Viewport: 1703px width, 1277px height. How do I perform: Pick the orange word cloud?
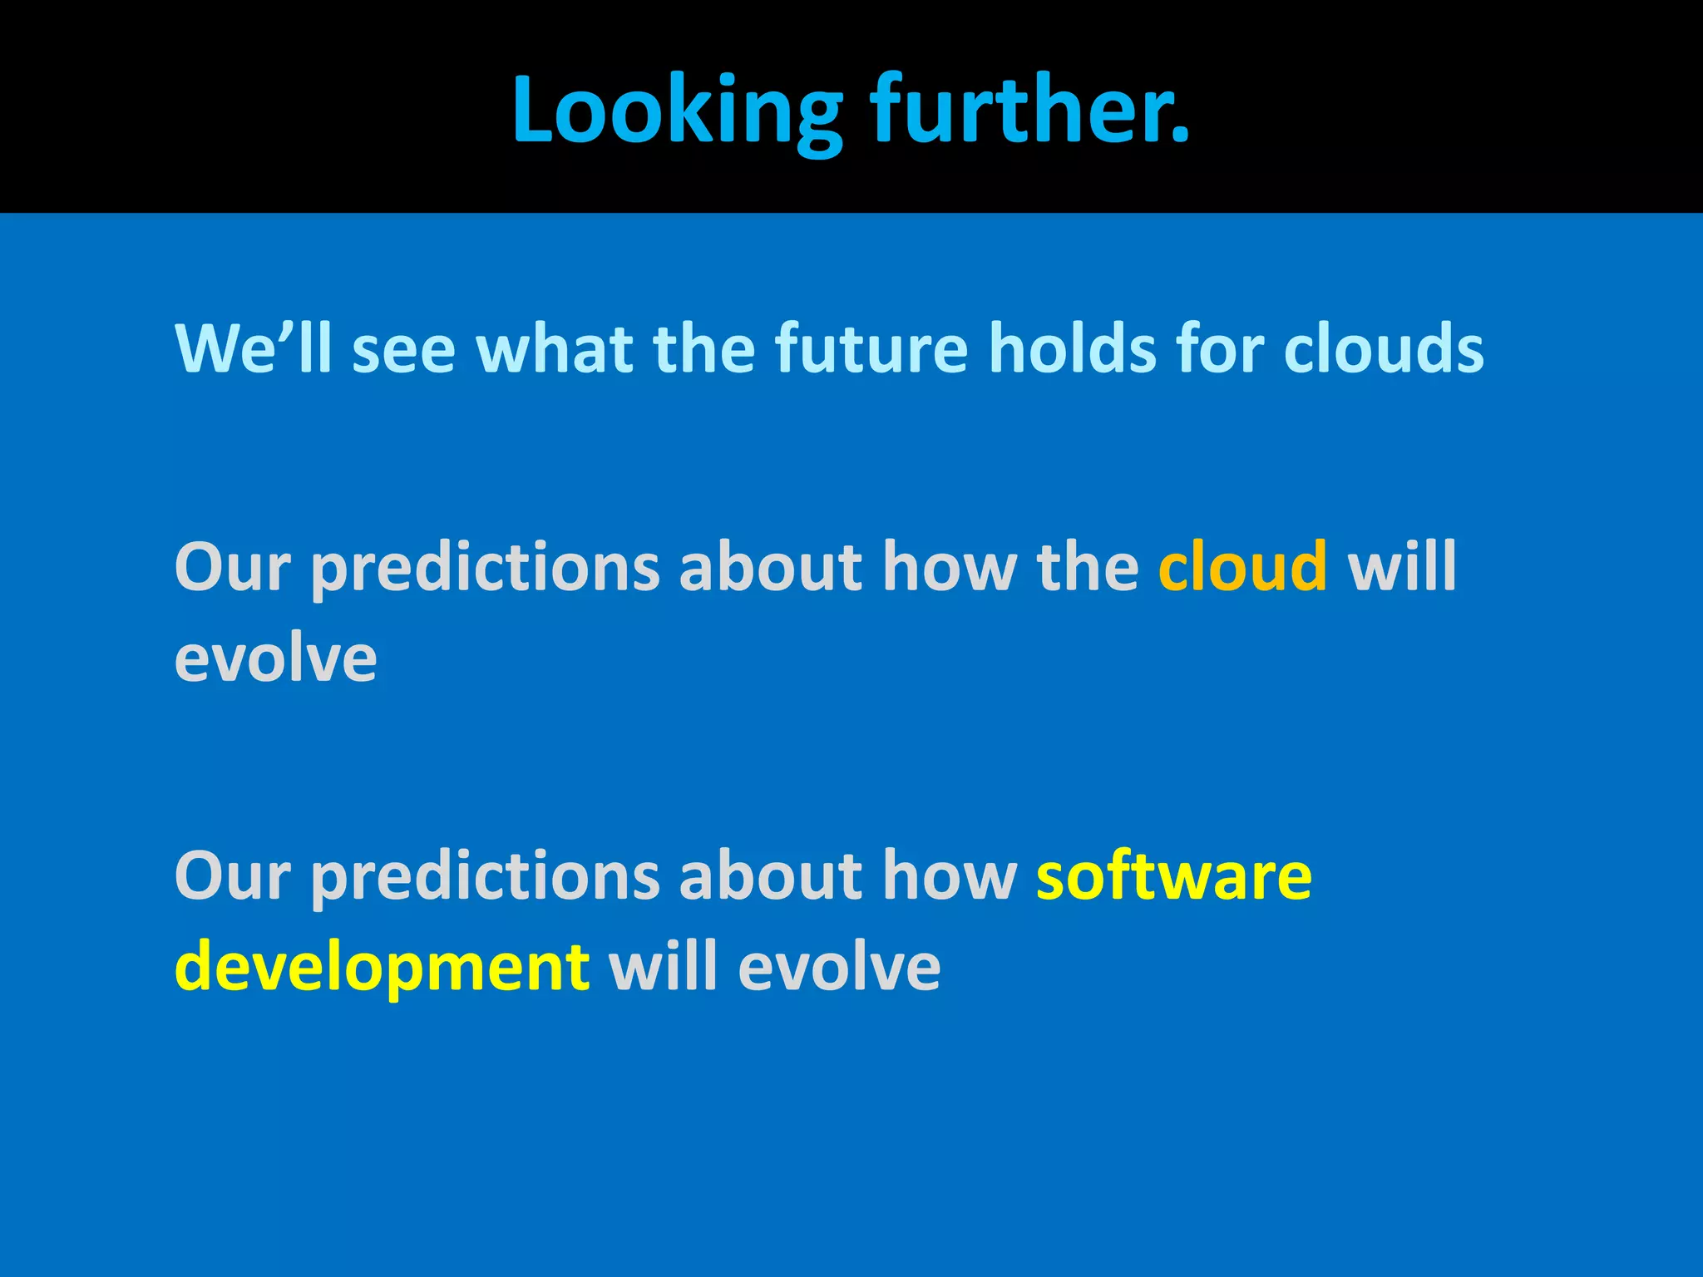pyautogui.click(x=1242, y=567)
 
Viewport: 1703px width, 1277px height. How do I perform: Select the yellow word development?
pyautogui.click(x=383, y=968)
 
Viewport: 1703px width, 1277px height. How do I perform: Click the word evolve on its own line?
pyautogui.click(x=275, y=658)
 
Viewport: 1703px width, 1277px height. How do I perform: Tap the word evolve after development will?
pyautogui.click(x=839, y=968)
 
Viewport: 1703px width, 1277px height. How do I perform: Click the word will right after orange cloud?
pyautogui.click(x=1402, y=567)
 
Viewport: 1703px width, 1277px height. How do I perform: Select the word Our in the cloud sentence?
pyautogui.click(x=232, y=567)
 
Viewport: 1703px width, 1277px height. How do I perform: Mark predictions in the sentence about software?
pyautogui.click(x=485, y=877)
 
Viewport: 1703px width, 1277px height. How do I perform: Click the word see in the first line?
pyautogui.click(x=403, y=349)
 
